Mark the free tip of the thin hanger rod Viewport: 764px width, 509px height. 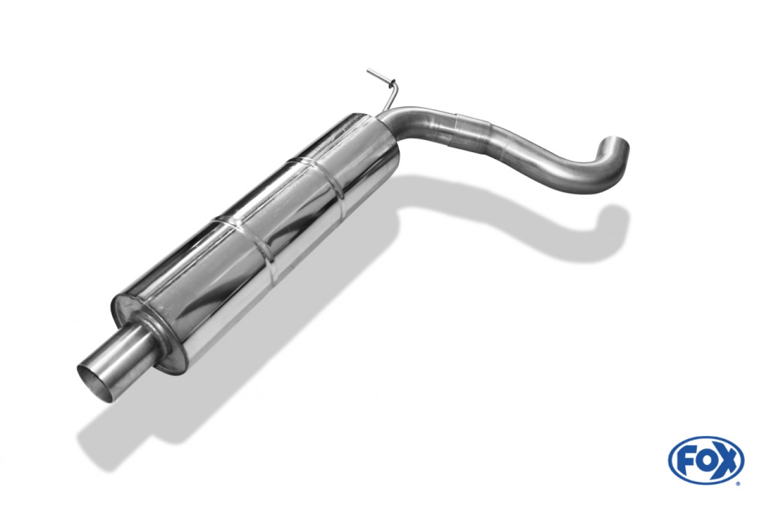point(369,71)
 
